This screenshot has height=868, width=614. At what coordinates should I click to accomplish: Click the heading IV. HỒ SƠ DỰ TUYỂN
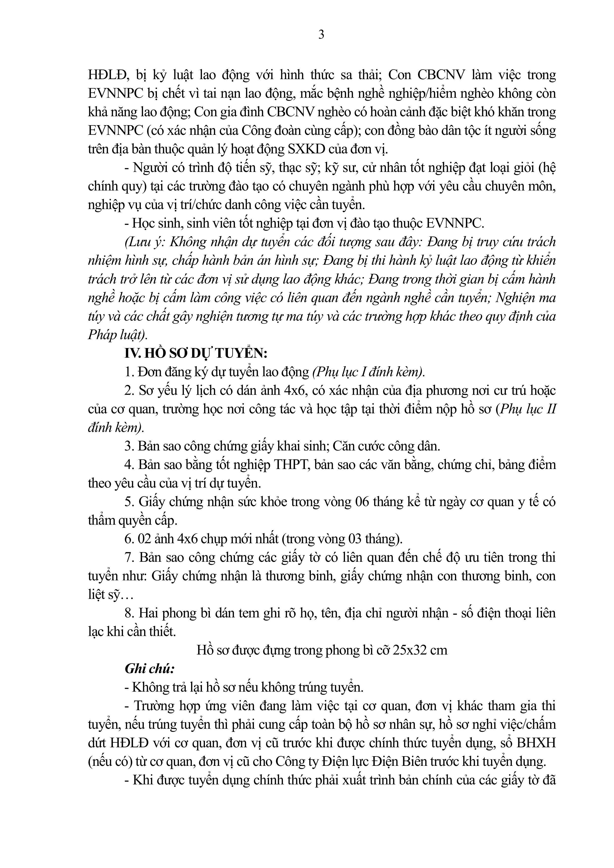(x=196, y=354)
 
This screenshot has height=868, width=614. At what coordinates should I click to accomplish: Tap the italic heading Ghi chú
(x=149, y=668)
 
